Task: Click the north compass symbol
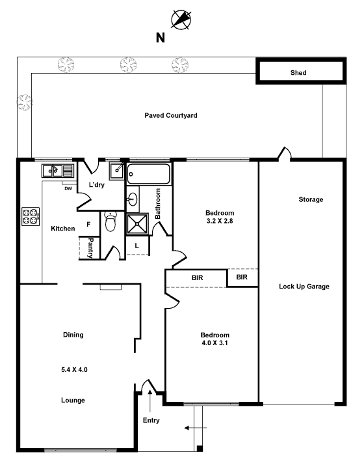181,20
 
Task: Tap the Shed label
298,73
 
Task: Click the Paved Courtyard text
171,115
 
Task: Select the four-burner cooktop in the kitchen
31,216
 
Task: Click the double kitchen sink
57,171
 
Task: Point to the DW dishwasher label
68,188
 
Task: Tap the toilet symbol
110,221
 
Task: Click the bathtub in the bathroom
149,174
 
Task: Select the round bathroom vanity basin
133,199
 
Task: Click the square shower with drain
137,223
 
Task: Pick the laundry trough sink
117,171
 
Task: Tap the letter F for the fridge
88,224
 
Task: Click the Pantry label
90,248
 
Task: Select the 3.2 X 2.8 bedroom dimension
220,221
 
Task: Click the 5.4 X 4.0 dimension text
74,369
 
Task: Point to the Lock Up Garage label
304,287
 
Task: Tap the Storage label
311,199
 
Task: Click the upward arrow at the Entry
150,401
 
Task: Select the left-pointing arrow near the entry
196,428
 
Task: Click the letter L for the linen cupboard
136,246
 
